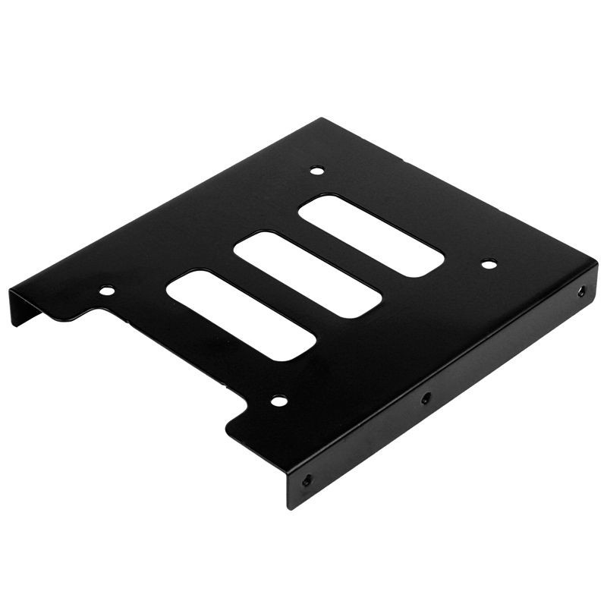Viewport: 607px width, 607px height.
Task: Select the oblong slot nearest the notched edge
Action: tap(241, 314)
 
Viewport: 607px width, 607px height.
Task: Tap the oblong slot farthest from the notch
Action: tap(372, 235)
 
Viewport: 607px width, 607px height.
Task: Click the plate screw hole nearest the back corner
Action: tap(318, 171)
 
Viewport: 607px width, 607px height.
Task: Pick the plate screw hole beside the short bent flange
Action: tap(107, 290)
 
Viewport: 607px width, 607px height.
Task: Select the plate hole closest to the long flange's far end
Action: tap(489, 264)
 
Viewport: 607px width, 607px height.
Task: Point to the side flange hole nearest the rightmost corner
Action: tap(581, 291)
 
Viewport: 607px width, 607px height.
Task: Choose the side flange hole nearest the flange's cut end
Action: tap(307, 480)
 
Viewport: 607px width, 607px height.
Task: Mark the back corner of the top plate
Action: tap(322, 120)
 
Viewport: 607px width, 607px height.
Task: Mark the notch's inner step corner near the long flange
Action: tap(250, 410)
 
